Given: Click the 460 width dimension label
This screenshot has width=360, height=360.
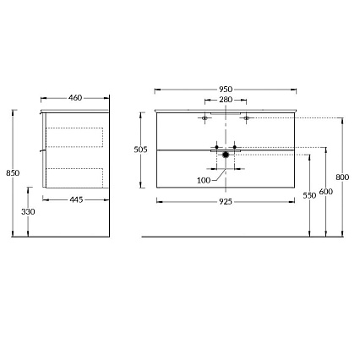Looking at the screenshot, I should [74, 98].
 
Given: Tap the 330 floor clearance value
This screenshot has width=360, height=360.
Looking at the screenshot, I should [28, 212].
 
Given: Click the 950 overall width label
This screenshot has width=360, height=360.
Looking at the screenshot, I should [226, 90].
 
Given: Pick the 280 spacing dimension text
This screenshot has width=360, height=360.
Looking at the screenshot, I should [226, 101].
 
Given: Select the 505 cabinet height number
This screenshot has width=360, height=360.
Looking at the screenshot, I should [141, 150].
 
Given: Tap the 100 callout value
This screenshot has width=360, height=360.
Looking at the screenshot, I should [204, 180].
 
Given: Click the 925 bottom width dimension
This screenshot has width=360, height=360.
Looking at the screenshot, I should [226, 201].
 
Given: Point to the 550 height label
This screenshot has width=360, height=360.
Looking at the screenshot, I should [310, 195].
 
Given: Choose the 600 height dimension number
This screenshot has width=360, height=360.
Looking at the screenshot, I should [325, 192].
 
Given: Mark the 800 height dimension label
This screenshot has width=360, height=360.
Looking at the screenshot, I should [341, 177].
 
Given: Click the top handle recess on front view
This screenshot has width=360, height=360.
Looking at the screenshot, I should [226, 112].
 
